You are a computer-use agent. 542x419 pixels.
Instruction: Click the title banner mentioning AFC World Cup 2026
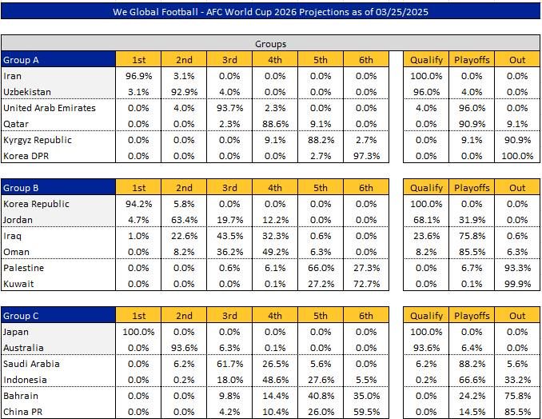[x=270, y=12]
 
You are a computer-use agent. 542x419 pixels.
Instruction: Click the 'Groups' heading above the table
[x=270, y=44]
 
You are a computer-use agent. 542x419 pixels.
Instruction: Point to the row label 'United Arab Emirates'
[x=50, y=108]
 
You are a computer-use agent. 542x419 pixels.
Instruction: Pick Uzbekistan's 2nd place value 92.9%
[x=185, y=92]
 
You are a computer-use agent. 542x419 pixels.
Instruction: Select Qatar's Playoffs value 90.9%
[x=472, y=124]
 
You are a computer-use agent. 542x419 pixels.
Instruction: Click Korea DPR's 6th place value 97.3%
[x=365, y=156]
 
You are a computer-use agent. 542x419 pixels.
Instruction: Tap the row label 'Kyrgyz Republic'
[x=38, y=140]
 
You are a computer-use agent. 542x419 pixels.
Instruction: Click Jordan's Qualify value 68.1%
[x=426, y=220]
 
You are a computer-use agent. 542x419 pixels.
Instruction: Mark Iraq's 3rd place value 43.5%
[x=230, y=236]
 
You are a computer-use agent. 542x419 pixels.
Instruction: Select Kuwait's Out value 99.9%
[x=517, y=284]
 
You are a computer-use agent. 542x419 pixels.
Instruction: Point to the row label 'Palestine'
[x=24, y=268]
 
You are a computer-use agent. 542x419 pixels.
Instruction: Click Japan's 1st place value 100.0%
[x=139, y=332]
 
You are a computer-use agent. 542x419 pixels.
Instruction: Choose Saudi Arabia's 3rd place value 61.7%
[x=230, y=364]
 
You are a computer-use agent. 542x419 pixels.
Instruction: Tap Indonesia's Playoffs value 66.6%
[x=472, y=380]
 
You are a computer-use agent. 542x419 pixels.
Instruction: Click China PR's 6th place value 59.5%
[x=365, y=412]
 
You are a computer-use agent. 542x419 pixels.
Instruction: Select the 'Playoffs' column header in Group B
[x=472, y=188]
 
